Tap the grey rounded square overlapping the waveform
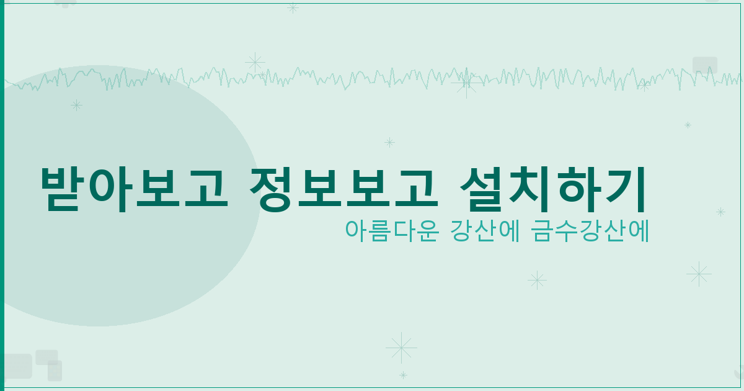pos(705,65)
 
